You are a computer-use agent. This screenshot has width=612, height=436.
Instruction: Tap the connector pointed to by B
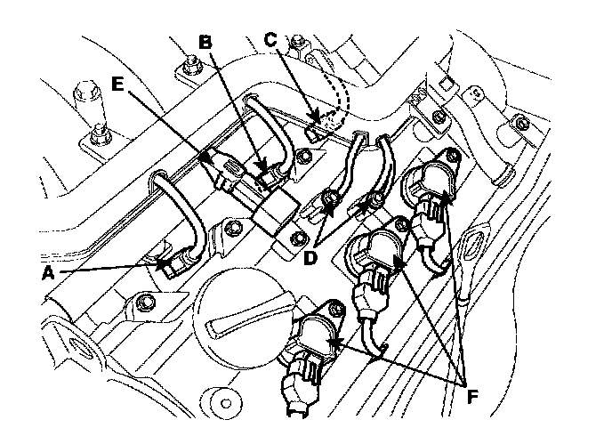(x=262, y=168)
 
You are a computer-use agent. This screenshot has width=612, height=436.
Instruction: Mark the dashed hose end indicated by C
(x=331, y=115)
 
